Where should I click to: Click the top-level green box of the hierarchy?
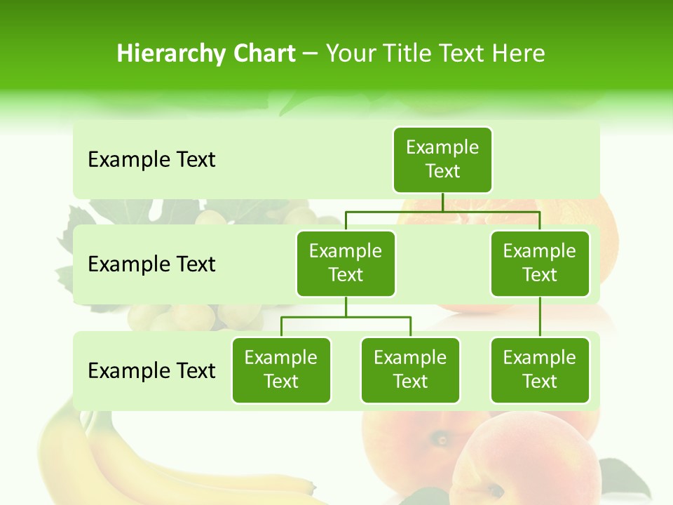point(442,159)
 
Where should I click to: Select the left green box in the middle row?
point(346,263)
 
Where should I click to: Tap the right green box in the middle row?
point(540,263)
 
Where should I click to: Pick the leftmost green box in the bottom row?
point(281,370)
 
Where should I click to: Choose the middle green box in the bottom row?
point(410,370)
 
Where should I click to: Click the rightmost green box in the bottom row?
point(540,370)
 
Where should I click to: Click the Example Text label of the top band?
point(151,160)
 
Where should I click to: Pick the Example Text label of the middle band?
point(151,264)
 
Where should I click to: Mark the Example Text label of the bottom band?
point(151,370)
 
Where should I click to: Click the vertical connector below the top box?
point(442,202)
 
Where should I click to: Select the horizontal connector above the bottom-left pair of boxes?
point(346,317)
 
